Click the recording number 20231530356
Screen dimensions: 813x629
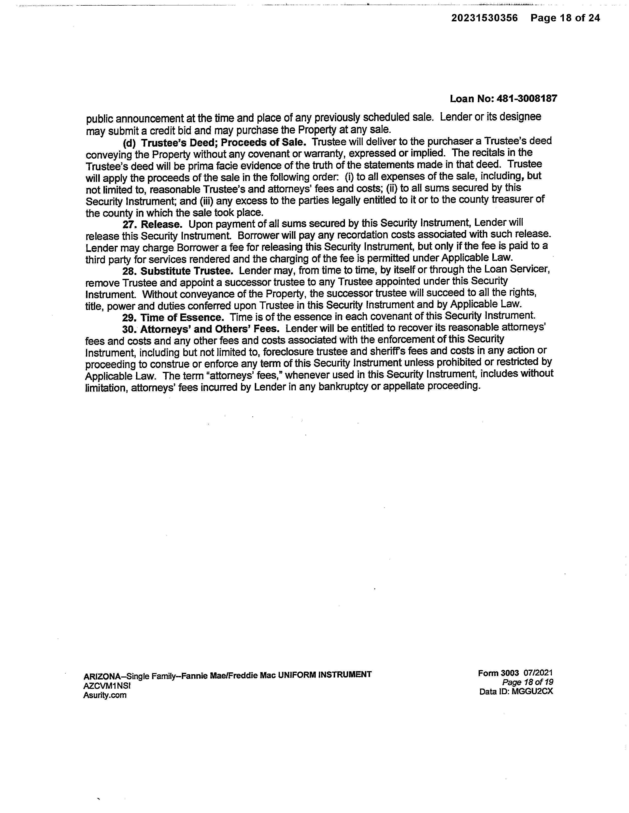coord(485,18)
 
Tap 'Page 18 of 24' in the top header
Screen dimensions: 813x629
coord(565,18)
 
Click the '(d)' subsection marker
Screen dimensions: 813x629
coord(129,143)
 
